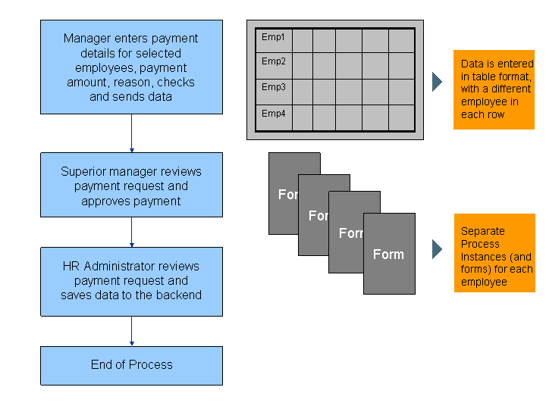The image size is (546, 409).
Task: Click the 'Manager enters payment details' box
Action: point(131,67)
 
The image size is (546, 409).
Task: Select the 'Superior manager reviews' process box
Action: point(131,185)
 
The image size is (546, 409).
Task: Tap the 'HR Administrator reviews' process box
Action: point(131,281)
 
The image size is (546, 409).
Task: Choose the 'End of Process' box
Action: point(131,365)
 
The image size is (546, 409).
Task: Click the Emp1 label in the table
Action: point(273,36)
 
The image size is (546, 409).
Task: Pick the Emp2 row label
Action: point(273,61)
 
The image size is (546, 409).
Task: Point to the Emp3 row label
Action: point(273,87)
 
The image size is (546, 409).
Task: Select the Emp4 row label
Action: point(273,114)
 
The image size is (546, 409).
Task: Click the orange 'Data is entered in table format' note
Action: point(494,89)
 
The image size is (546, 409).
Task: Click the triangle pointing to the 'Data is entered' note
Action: point(437,82)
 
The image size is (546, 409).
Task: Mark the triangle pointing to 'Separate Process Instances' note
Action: point(437,249)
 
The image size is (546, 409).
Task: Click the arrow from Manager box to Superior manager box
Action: point(132,133)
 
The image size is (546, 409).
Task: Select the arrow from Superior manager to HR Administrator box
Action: point(132,232)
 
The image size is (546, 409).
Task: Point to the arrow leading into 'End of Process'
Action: point(132,331)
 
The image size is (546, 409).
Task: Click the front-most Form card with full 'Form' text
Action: point(389,254)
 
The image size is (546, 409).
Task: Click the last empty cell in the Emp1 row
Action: point(401,41)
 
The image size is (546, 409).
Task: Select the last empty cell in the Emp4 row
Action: point(401,117)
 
